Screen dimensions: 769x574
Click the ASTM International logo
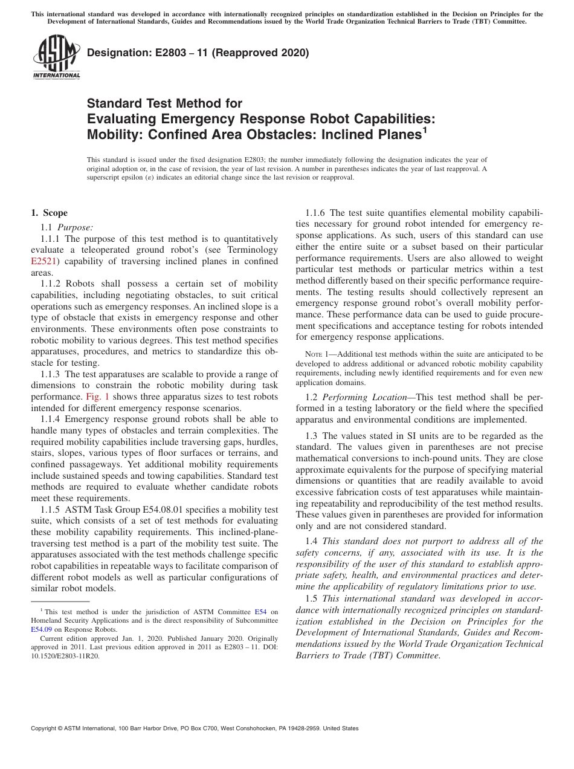coord(56,58)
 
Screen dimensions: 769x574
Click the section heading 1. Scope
coord(49,213)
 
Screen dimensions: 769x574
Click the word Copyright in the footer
coord(46,728)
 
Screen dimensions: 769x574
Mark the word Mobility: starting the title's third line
coord(117,134)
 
